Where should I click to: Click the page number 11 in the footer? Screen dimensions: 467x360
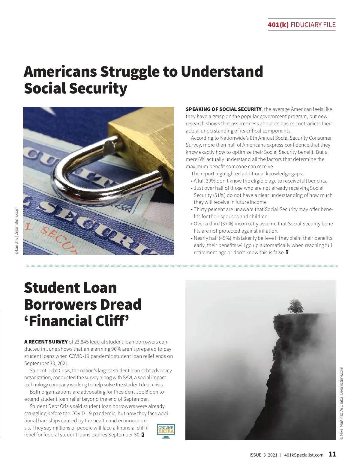[332, 454]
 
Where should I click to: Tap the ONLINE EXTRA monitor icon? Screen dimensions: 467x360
[166, 431]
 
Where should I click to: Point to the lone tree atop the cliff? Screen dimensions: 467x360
[295, 307]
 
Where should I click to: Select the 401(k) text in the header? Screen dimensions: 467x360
[278, 25]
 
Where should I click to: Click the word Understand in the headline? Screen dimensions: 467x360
[222, 72]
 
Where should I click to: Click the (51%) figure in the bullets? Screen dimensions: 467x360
[219, 195]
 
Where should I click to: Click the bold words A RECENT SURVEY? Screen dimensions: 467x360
[46, 342]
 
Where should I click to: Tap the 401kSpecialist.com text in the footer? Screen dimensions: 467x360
[304, 455]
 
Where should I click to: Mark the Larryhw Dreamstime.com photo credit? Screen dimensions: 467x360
[16, 231]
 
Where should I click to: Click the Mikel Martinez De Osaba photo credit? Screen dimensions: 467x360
[341, 403]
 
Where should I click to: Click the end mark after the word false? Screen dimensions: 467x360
[287, 252]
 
